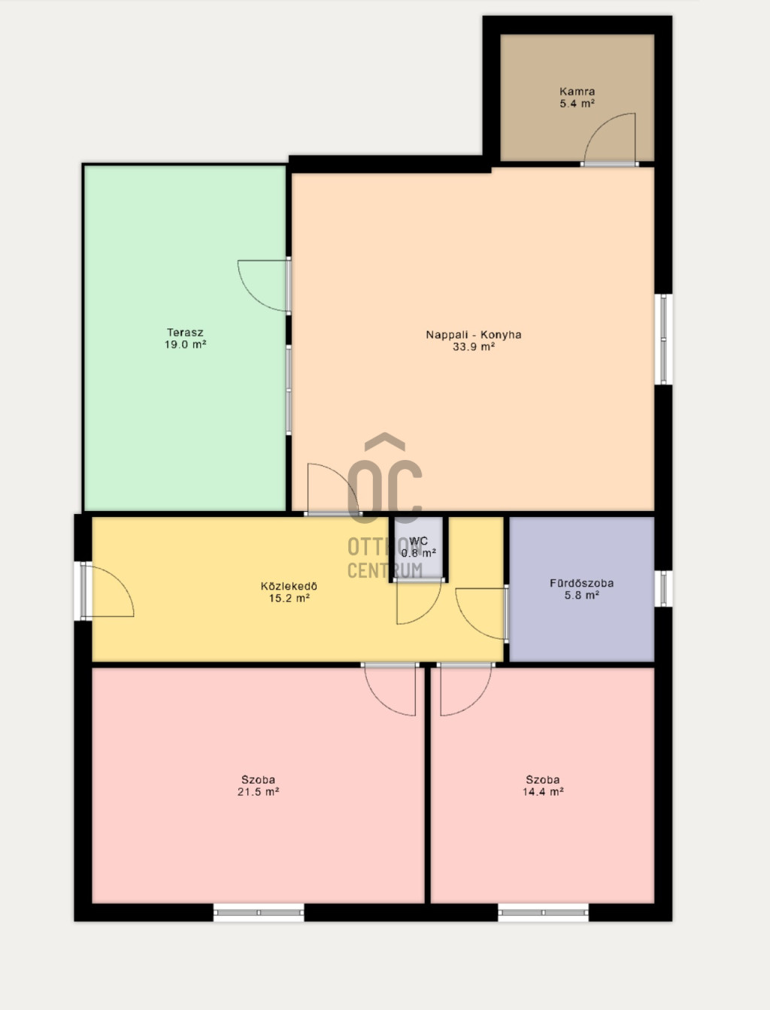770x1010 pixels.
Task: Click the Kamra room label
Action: (x=577, y=92)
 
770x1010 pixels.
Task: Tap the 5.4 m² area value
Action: (x=577, y=104)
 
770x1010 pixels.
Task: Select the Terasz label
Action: (x=185, y=332)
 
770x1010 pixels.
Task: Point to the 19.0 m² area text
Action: (x=185, y=344)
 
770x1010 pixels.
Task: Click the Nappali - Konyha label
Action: (x=474, y=334)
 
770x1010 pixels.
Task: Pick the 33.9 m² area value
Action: (x=474, y=347)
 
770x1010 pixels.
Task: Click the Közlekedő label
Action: (x=289, y=586)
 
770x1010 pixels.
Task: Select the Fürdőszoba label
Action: (x=582, y=583)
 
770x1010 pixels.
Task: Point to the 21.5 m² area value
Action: (x=258, y=791)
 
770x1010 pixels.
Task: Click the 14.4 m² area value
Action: (x=543, y=791)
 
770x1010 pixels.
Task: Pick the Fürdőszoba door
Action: (x=482, y=613)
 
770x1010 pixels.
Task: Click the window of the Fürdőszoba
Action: (x=663, y=588)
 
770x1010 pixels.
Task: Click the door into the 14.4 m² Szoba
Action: (x=465, y=689)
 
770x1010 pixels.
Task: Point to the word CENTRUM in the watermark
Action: (x=385, y=570)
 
